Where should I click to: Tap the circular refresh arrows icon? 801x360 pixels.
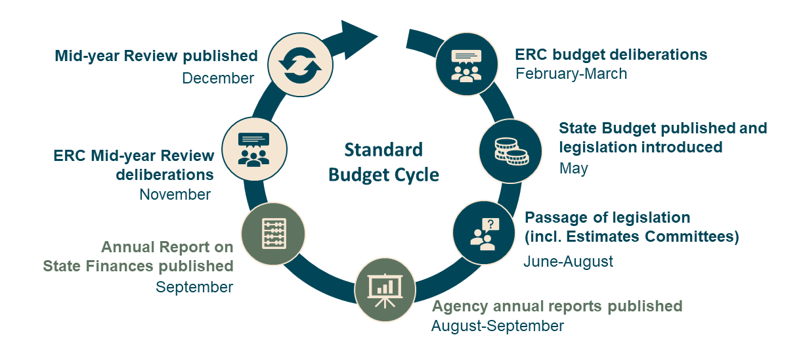tap(301, 65)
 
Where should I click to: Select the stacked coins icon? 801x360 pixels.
tap(511, 151)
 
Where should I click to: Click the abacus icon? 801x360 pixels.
tap(274, 233)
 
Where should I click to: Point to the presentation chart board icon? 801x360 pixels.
tap(385, 290)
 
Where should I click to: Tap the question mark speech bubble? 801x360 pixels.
tap(490, 225)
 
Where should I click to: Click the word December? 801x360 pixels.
tap(218, 78)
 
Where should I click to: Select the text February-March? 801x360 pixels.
tap(571, 74)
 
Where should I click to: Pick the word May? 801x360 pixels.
tap(574, 168)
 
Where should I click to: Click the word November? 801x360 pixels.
tap(175, 194)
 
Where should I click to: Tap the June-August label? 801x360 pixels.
tap(568, 261)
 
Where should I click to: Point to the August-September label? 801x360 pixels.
tap(498, 326)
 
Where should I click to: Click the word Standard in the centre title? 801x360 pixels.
tap(383, 150)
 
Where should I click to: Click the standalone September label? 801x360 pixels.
tap(194, 287)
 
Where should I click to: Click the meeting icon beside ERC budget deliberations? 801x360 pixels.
tap(466, 66)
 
